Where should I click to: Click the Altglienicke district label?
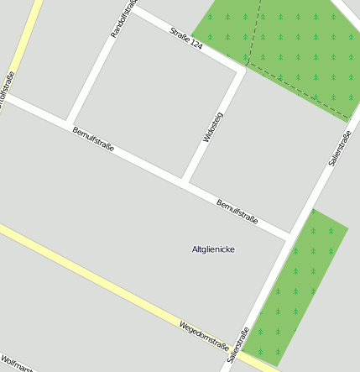coord(213,249)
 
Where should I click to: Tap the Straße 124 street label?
coord(186,39)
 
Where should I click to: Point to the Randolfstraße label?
coord(123,18)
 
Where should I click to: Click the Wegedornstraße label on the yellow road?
coord(204,333)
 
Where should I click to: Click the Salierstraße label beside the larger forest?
coord(339,143)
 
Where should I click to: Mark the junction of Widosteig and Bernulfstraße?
coord(184,181)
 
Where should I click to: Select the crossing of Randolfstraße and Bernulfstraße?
coord(67,125)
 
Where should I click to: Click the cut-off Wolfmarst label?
coord(17,366)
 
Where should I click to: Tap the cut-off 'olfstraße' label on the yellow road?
coord(8,91)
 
